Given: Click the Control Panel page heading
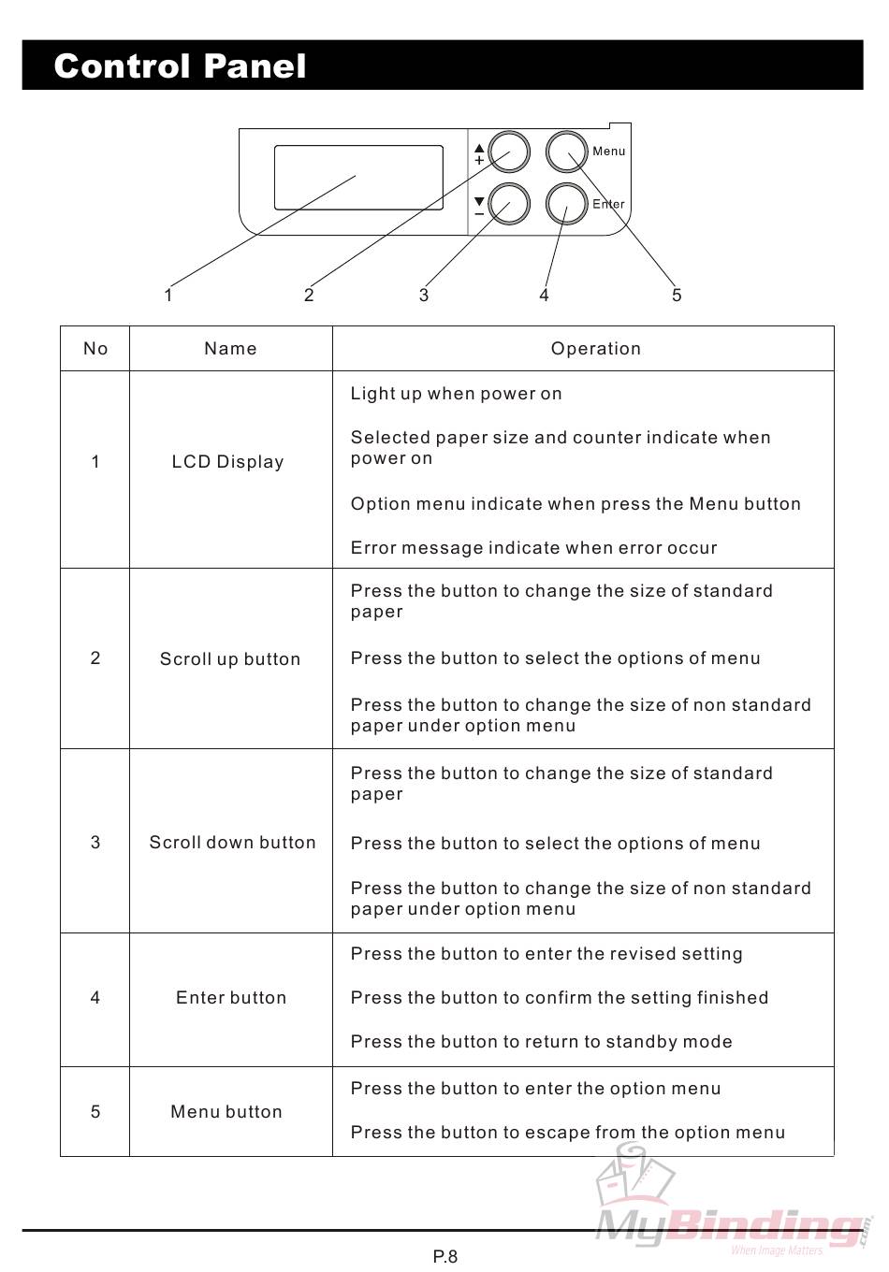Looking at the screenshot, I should pyautogui.click(x=180, y=66).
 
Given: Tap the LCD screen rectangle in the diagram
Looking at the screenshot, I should pyautogui.click(x=358, y=177).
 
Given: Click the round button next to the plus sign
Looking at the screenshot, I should pyautogui.click(x=510, y=152).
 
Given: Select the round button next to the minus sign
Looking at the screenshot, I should pyautogui.click(x=510, y=203).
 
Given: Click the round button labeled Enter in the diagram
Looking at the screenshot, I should pyautogui.click(x=565, y=203).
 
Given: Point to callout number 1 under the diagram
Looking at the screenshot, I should pyautogui.click(x=168, y=296).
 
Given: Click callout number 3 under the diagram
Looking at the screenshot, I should pyautogui.click(x=424, y=296).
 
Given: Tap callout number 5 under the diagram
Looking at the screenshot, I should pyautogui.click(x=677, y=296).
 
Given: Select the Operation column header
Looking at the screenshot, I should pyautogui.click(x=595, y=349).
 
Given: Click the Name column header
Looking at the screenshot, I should pyautogui.click(x=230, y=349).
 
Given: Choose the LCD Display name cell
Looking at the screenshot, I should pyautogui.click(x=227, y=462).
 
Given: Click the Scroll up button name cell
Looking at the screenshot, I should pyautogui.click(x=230, y=659).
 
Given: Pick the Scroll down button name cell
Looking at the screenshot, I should pyautogui.click(x=232, y=843).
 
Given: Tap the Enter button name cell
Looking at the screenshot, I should pyautogui.click(x=231, y=998).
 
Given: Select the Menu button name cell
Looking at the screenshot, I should pyautogui.click(x=226, y=1112).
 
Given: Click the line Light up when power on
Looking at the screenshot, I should pyautogui.click(x=456, y=394).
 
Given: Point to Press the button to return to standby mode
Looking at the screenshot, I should pyautogui.click(x=541, y=1042).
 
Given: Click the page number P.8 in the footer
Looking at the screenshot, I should pyautogui.click(x=445, y=1256).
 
